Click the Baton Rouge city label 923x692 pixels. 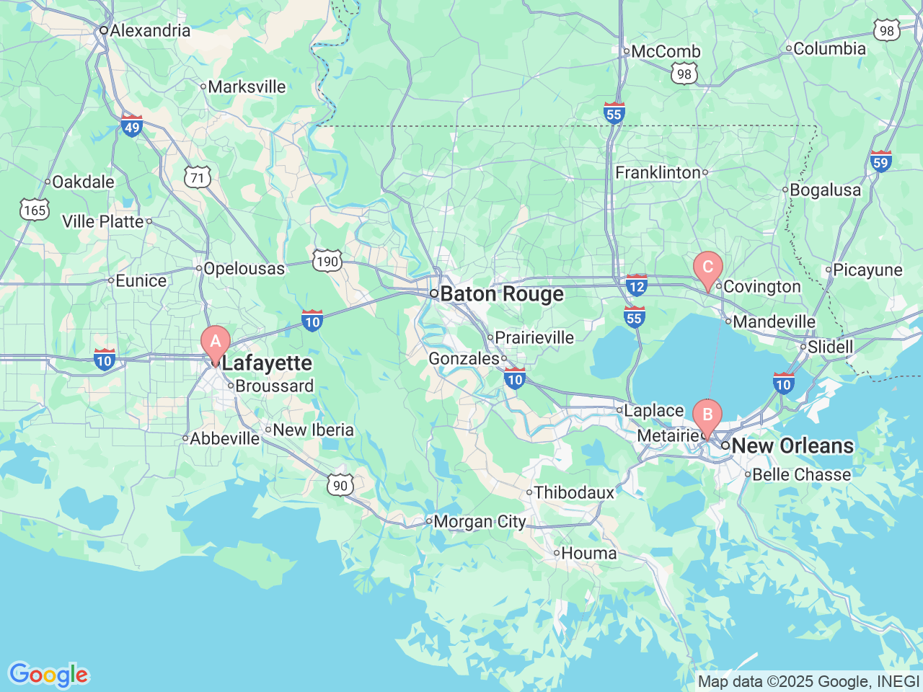point(502,294)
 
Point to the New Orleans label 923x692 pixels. point(792,445)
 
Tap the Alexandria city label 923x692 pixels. point(150,30)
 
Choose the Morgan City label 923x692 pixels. point(480,521)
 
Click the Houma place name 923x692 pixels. point(588,554)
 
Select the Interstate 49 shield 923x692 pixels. point(131,126)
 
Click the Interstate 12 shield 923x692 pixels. point(636,285)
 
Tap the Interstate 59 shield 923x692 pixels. point(880,161)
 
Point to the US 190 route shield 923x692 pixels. point(327,261)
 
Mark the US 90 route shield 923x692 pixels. point(340,485)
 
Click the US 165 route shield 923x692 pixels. point(34,210)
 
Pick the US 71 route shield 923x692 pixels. point(197,177)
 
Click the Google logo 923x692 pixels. point(48,675)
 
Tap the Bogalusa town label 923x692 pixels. point(825,190)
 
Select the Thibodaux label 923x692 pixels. point(574,492)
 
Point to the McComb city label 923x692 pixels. point(666,52)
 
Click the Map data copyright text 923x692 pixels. point(808,681)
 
